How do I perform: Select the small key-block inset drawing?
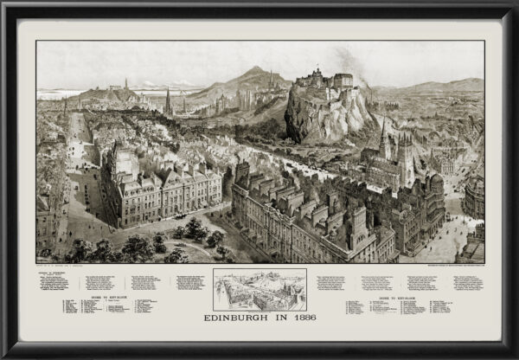click(259, 289)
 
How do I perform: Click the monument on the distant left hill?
click(126, 85)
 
